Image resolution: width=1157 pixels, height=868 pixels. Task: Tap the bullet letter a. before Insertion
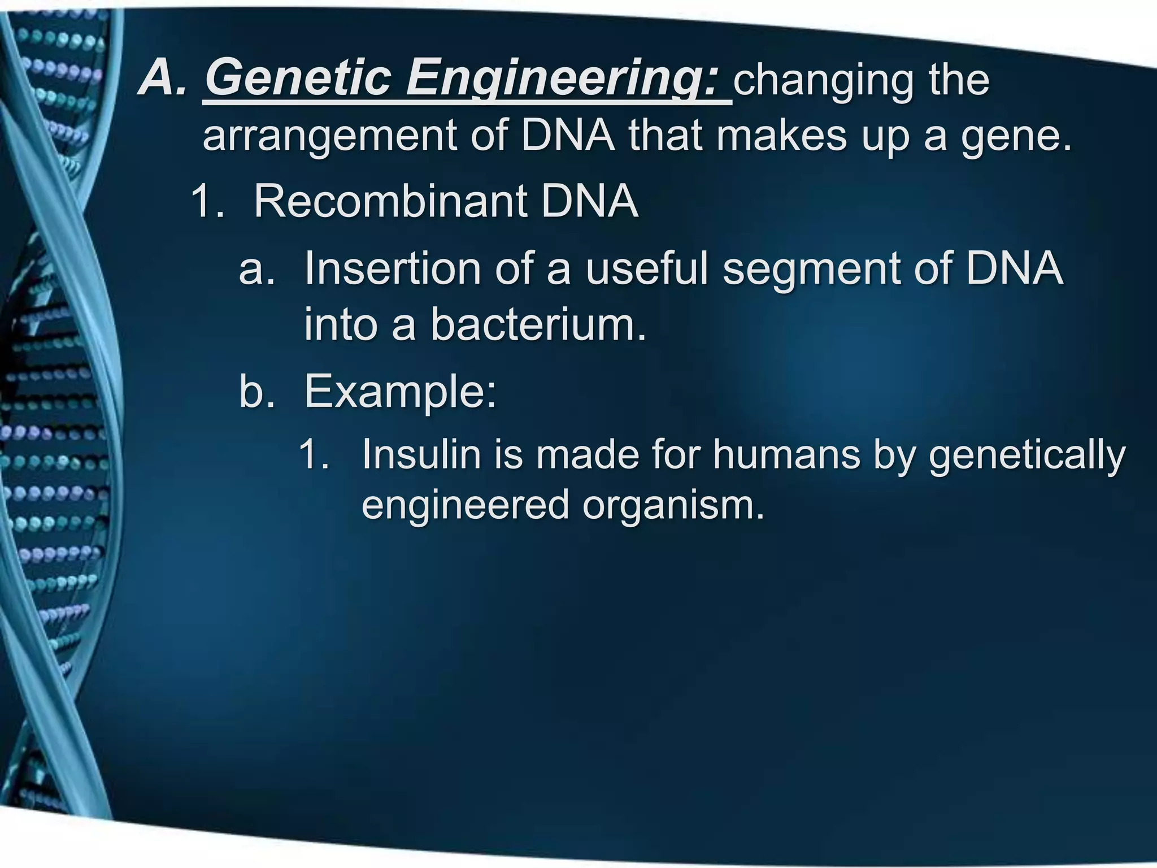click(x=257, y=269)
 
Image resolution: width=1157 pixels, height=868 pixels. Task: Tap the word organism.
click(x=673, y=504)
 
